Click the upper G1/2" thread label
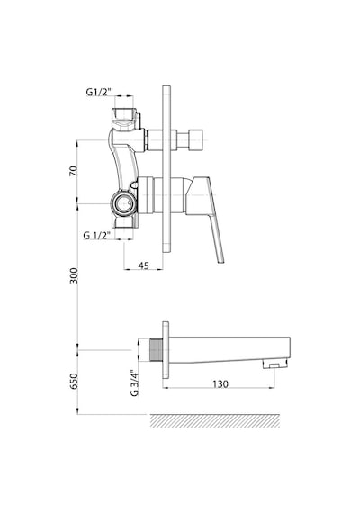pos(98,92)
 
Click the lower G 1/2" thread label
pos(96,235)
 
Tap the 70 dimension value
pos(74,171)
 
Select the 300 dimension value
pos(74,275)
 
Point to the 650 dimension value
pos(74,382)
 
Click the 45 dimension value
pos(143,265)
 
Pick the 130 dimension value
pos(220,383)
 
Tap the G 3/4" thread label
pos(134,383)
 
